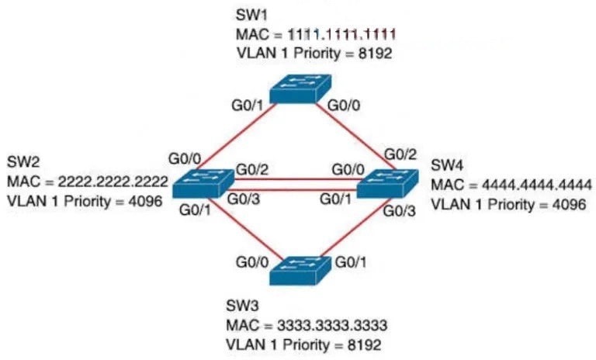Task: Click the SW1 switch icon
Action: click(300, 89)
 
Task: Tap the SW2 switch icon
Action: click(203, 183)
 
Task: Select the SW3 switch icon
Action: click(300, 271)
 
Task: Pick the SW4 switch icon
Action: click(388, 184)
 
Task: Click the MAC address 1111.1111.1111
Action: click(341, 35)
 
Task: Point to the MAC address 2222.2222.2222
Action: click(113, 182)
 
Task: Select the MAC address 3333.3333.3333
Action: click(332, 325)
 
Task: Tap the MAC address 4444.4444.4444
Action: click(537, 185)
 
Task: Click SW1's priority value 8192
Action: click(375, 54)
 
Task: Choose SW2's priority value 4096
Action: click(145, 201)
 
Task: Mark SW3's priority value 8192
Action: click(364, 344)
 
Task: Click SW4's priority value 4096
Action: click(569, 204)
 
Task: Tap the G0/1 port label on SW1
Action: click(248, 106)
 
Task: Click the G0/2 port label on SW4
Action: click(400, 154)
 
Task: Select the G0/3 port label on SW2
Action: click(244, 199)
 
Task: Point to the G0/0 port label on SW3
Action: click(252, 262)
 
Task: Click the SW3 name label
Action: click(242, 306)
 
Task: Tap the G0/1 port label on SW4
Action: click(336, 199)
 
